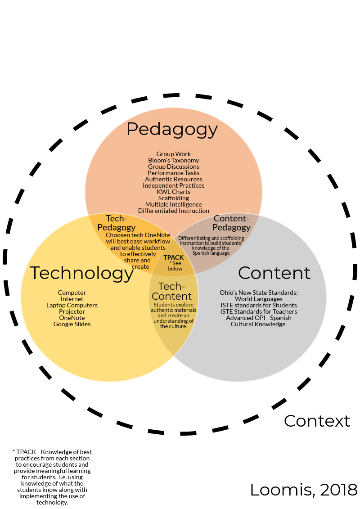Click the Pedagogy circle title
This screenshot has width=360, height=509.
[172, 129]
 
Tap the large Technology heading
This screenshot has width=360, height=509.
[82, 273]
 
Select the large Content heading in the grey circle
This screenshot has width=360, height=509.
[274, 273]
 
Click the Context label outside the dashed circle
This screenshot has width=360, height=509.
[317, 421]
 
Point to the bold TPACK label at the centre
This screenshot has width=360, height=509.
[174, 257]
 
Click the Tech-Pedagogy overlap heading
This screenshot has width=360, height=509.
[117, 223]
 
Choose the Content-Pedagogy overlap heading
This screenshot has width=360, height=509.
[231, 223]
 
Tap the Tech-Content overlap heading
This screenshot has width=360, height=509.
[172, 291]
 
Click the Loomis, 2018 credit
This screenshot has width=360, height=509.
[304, 490]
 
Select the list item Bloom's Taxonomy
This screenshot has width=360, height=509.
[174, 160]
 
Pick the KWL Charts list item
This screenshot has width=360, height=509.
[174, 192]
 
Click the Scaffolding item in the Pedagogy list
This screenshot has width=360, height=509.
[174, 198]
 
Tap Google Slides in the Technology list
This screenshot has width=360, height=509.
[72, 324]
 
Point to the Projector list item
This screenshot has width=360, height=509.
[72, 311]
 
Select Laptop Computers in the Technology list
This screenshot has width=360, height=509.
[72, 305]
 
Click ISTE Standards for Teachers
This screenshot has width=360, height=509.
[259, 311]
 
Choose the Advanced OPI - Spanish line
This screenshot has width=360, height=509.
[259, 318]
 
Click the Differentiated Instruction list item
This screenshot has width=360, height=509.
[174, 211]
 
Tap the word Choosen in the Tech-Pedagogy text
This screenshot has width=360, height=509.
[118, 235]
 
